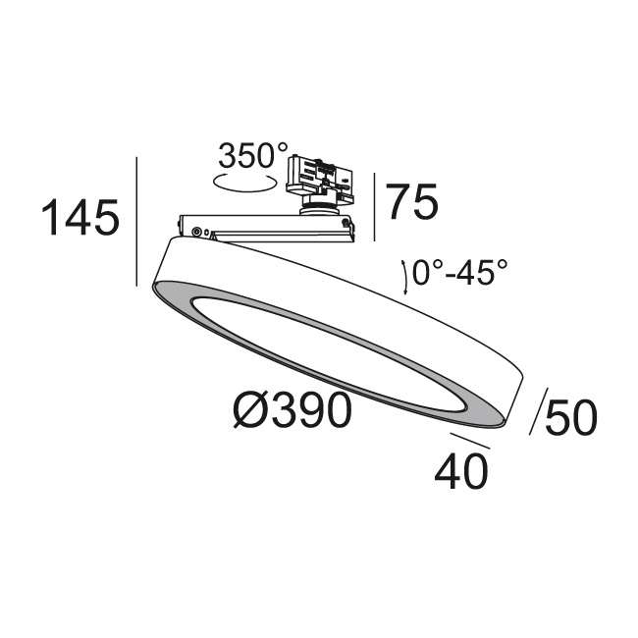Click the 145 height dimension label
80,217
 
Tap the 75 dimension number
412,202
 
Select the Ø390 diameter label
292,410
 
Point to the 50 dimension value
571,417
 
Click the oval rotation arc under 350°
244,183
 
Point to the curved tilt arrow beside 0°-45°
404,277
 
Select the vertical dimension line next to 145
137,222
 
